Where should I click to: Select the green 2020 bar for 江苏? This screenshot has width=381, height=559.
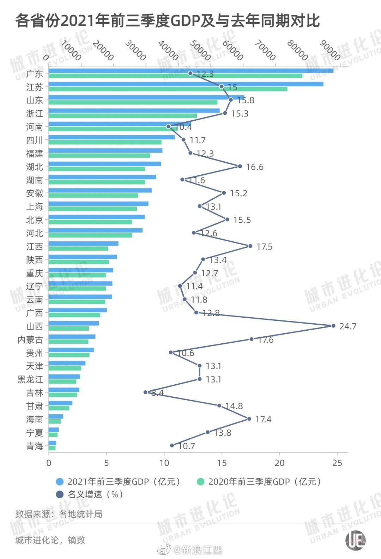click(168, 89)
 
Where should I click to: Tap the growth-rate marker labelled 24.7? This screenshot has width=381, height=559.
click(333, 326)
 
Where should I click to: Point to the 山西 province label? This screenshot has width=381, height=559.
click(35, 326)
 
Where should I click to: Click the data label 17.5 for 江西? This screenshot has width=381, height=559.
click(264, 247)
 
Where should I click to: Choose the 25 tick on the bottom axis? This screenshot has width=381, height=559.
click(337, 463)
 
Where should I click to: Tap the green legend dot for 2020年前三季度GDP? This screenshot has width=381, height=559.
click(201, 482)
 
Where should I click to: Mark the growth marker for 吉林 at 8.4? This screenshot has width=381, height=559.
click(145, 392)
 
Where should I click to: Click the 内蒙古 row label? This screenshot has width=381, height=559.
click(30, 339)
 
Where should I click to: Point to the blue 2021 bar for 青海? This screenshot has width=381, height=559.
click(52, 443)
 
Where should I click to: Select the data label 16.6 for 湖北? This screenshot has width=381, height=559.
click(254, 167)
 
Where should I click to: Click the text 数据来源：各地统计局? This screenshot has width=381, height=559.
click(59, 514)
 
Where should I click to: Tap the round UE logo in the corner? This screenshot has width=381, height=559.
click(355, 540)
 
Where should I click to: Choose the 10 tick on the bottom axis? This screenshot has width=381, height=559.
click(164, 463)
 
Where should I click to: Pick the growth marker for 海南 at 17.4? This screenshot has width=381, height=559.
click(249, 419)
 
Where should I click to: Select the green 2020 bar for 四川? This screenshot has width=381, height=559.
click(105, 142)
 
